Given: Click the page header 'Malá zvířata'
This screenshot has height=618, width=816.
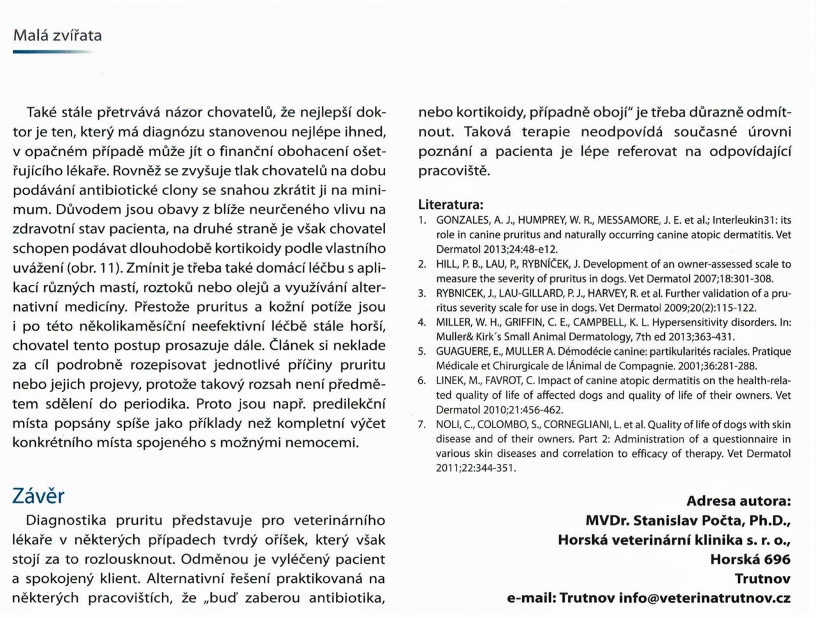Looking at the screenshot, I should (57, 35).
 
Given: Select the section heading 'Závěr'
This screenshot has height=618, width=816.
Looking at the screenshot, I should (38, 496).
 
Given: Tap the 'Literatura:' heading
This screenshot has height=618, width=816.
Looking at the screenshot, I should (451, 205).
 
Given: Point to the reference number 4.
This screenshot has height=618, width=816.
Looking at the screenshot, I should (422, 322).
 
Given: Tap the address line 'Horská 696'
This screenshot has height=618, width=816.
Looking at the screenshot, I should (750, 559).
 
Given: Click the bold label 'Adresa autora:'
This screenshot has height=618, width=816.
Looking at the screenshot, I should (738, 501).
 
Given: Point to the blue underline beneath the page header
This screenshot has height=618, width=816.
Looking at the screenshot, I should (54, 52).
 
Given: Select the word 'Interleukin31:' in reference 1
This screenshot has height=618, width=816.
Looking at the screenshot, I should (745, 220).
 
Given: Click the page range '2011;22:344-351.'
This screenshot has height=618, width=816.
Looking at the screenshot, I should (476, 468).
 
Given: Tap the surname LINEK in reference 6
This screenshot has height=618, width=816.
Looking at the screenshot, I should (451, 380).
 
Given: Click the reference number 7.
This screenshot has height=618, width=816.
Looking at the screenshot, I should (422, 424).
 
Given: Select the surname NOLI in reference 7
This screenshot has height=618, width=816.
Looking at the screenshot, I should (448, 424).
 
